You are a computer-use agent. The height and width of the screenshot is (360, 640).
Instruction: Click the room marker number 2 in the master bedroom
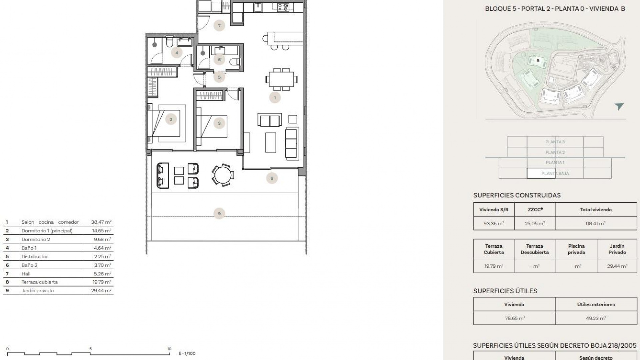[x=171, y=119]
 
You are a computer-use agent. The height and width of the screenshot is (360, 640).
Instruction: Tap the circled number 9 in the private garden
[x=219, y=214]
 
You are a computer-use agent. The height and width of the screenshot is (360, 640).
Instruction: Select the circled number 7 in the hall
[x=219, y=26]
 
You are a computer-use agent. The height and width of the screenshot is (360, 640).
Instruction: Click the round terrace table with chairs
[x=222, y=175]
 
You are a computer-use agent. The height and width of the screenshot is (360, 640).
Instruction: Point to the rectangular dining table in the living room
[x=281, y=79]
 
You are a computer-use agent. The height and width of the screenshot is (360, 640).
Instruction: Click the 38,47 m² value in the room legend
[x=101, y=222]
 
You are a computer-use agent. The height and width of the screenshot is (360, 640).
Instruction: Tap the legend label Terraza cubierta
[x=39, y=282]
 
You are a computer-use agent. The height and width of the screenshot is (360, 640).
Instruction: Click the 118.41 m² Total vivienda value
[x=595, y=224]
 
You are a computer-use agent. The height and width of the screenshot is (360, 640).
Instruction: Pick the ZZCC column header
[x=535, y=210]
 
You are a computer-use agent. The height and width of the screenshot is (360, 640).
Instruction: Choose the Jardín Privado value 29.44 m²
[x=617, y=266]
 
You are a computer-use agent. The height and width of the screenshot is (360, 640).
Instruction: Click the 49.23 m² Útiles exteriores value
[x=596, y=318]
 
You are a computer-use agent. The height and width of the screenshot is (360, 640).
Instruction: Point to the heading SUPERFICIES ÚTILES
[x=505, y=291]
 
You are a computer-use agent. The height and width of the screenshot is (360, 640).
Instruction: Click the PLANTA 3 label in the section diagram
[x=555, y=142]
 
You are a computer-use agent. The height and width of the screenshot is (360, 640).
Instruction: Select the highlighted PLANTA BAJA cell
[x=541, y=173]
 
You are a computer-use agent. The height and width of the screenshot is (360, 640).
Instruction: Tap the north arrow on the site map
[x=619, y=106]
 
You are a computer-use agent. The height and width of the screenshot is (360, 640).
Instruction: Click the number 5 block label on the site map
[x=538, y=61]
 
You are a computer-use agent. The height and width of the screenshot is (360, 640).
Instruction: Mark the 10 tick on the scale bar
[x=169, y=349]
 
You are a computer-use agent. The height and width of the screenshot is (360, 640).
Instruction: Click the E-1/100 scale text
[x=187, y=353]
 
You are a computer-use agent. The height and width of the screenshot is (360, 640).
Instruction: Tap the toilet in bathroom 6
[x=236, y=61]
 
